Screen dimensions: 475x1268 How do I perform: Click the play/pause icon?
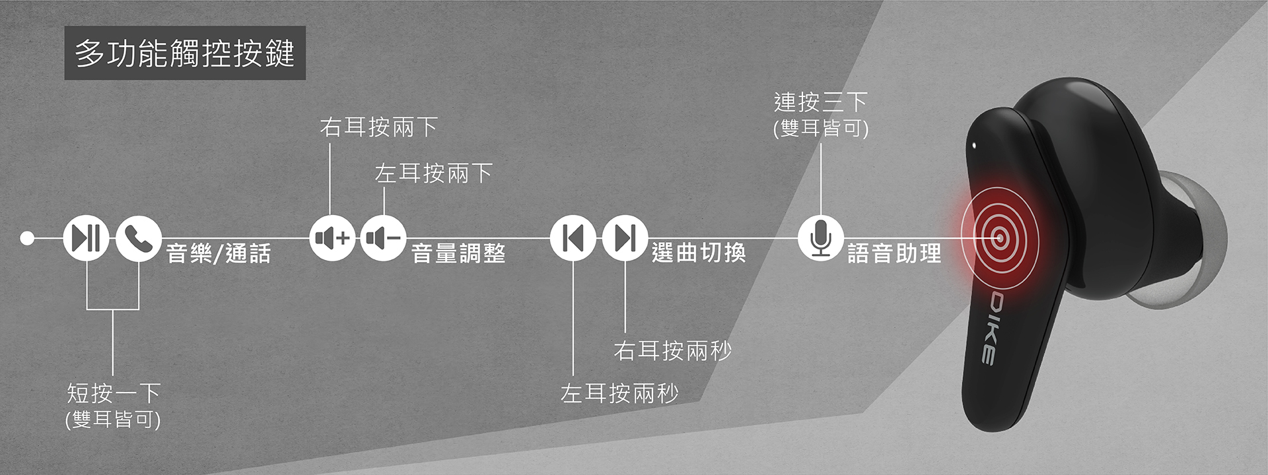(87, 238)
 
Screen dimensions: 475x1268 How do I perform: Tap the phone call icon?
(139, 238)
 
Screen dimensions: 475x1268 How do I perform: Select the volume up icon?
(332, 238)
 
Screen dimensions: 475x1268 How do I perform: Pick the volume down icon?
(384, 238)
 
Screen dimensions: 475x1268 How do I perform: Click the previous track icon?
(573, 238)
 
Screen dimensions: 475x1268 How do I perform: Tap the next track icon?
(625, 238)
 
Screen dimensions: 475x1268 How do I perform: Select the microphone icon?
(820, 238)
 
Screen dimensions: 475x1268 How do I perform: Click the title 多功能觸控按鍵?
(185, 53)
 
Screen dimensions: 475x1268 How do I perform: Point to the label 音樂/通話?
(219, 253)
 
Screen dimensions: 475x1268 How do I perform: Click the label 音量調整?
(458, 253)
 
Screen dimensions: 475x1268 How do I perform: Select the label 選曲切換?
(699, 253)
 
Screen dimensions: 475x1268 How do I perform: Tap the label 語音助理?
(894, 253)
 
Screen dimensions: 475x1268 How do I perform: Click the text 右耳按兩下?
(378, 127)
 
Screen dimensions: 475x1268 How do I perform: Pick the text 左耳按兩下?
(433, 174)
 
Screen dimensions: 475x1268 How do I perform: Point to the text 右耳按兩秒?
(672, 350)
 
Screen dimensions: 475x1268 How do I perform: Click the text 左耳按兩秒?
(619, 394)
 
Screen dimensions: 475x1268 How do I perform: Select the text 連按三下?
(821, 102)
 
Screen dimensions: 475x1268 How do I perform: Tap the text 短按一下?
(114, 394)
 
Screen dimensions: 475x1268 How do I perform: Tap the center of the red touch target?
(999, 238)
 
